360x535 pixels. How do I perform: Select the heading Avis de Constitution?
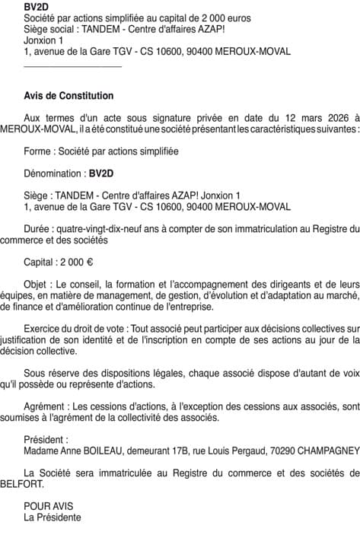coord(68,96)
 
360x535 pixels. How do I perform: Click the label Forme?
coord(37,151)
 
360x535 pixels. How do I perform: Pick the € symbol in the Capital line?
coord(89,263)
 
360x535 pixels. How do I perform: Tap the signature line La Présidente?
coord(53,517)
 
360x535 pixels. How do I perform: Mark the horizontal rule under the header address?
coord(73,67)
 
